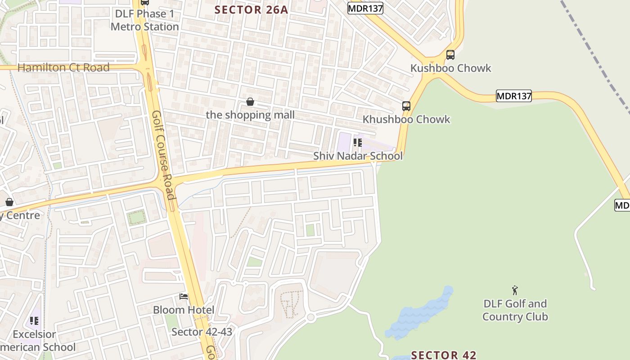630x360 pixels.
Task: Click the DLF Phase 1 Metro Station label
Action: click(x=144, y=20)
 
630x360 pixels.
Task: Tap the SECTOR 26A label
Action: click(x=251, y=9)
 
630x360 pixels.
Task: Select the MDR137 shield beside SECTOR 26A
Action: click(x=365, y=8)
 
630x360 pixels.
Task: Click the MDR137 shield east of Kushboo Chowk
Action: click(x=513, y=96)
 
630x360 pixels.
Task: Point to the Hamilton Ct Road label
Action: click(x=63, y=67)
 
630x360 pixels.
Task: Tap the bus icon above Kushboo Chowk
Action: click(x=450, y=55)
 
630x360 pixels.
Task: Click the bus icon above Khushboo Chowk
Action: click(x=406, y=106)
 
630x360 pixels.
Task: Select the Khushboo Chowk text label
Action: click(x=406, y=119)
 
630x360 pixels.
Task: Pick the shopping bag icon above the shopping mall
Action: click(x=250, y=102)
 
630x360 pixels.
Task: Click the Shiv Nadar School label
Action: click(x=358, y=156)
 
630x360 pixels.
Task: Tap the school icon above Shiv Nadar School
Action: click(x=358, y=143)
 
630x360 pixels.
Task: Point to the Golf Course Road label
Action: click(x=163, y=155)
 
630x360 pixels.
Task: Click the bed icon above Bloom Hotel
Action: click(x=184, y=297)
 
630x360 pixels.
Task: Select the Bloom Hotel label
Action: click(x=184, y=310)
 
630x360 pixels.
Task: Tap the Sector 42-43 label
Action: click(x=202, y=332)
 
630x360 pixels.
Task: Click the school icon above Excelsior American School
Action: click(x=34, y=321)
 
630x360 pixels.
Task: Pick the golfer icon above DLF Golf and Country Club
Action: click(x=515, y=290)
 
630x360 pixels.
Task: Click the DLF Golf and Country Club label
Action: click(x=515, y=310)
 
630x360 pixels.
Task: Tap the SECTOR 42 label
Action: click(x=444, y=355)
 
